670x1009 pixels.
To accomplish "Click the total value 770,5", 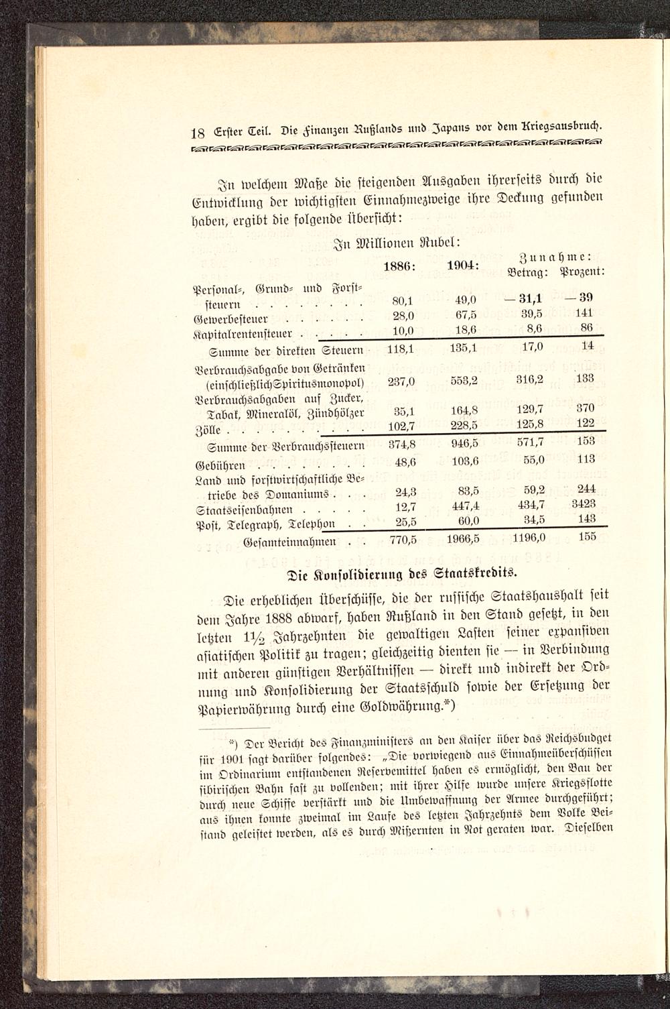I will (403, 538).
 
